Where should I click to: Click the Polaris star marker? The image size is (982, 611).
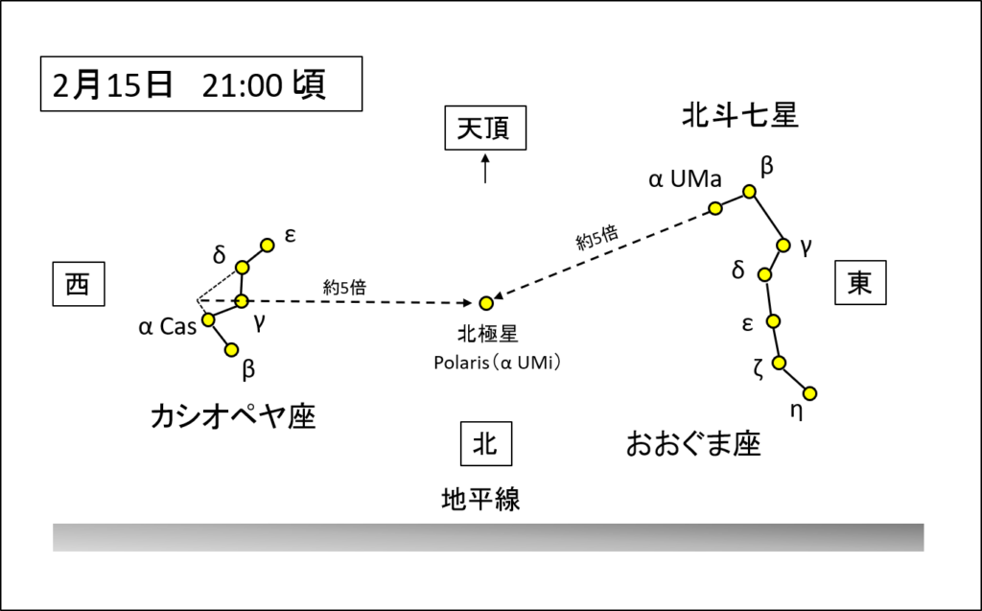(486, 303)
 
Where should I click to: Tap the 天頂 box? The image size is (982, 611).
(485, 128)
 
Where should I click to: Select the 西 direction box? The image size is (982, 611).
(79, 284)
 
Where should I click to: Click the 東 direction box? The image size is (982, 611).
(860, 283)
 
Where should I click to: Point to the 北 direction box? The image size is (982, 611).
(486, 444)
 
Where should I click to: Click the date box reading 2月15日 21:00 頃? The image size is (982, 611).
(201, 84)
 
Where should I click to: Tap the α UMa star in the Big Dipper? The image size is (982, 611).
(715, 208)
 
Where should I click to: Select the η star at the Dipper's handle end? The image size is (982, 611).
(809, 393)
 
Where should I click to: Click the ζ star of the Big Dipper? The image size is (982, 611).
(779, 363)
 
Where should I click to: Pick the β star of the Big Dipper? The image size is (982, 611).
(749, 191)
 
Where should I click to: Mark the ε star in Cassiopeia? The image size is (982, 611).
(268, 245)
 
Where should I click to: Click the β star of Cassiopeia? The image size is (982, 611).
(232, 350)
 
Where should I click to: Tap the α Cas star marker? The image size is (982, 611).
(208, 320)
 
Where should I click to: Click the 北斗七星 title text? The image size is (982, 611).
(740, 116)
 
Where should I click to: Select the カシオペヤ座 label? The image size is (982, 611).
(233, 416)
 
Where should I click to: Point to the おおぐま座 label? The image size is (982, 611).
(693, 444)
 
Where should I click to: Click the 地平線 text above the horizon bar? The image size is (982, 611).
(481, 500)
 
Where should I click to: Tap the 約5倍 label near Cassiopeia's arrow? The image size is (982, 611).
(344, 288)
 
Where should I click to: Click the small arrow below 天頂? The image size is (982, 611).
(485, 169)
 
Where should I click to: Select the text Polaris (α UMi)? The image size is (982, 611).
(498, 363)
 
